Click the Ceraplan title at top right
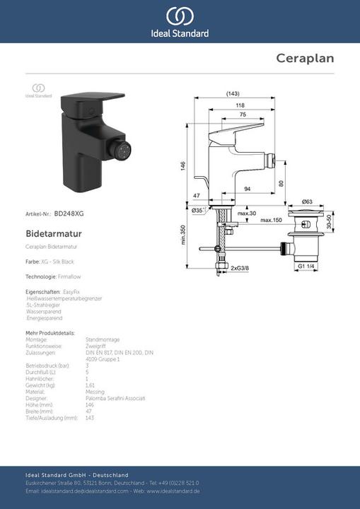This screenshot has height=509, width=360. pos(305,58)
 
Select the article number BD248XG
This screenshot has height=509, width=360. pos(69,213)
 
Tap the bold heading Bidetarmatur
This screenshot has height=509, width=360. pos(53,232)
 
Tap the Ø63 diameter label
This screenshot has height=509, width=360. pos(306,201)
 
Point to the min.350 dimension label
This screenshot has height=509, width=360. pos(182,234)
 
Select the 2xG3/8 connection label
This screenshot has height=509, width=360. pos(240,269)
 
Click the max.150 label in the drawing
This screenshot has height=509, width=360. pos(272,221)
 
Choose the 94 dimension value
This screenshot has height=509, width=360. pos(248,189)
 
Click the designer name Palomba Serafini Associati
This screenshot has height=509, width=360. pos(115,398)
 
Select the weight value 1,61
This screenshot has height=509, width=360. pos(91,385)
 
